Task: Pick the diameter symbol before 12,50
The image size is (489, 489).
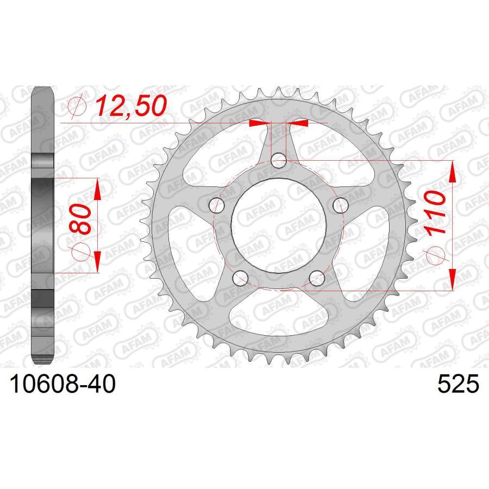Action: [79, 108]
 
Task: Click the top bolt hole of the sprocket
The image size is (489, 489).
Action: [279, 160]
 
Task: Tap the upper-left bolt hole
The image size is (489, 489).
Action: [217, 205]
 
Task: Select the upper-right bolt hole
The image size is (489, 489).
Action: [341, 205]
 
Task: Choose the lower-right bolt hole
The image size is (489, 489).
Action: [317, 278]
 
